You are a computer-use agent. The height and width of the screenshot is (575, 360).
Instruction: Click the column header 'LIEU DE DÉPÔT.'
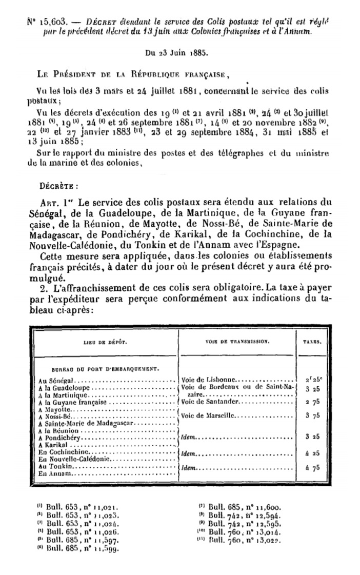104,342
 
